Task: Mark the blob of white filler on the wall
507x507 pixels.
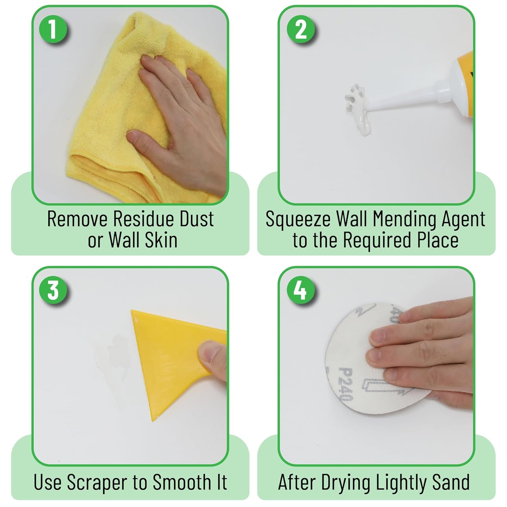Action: click(x=357, y=108)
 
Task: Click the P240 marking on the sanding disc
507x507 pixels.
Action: click(x=346, y=384)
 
